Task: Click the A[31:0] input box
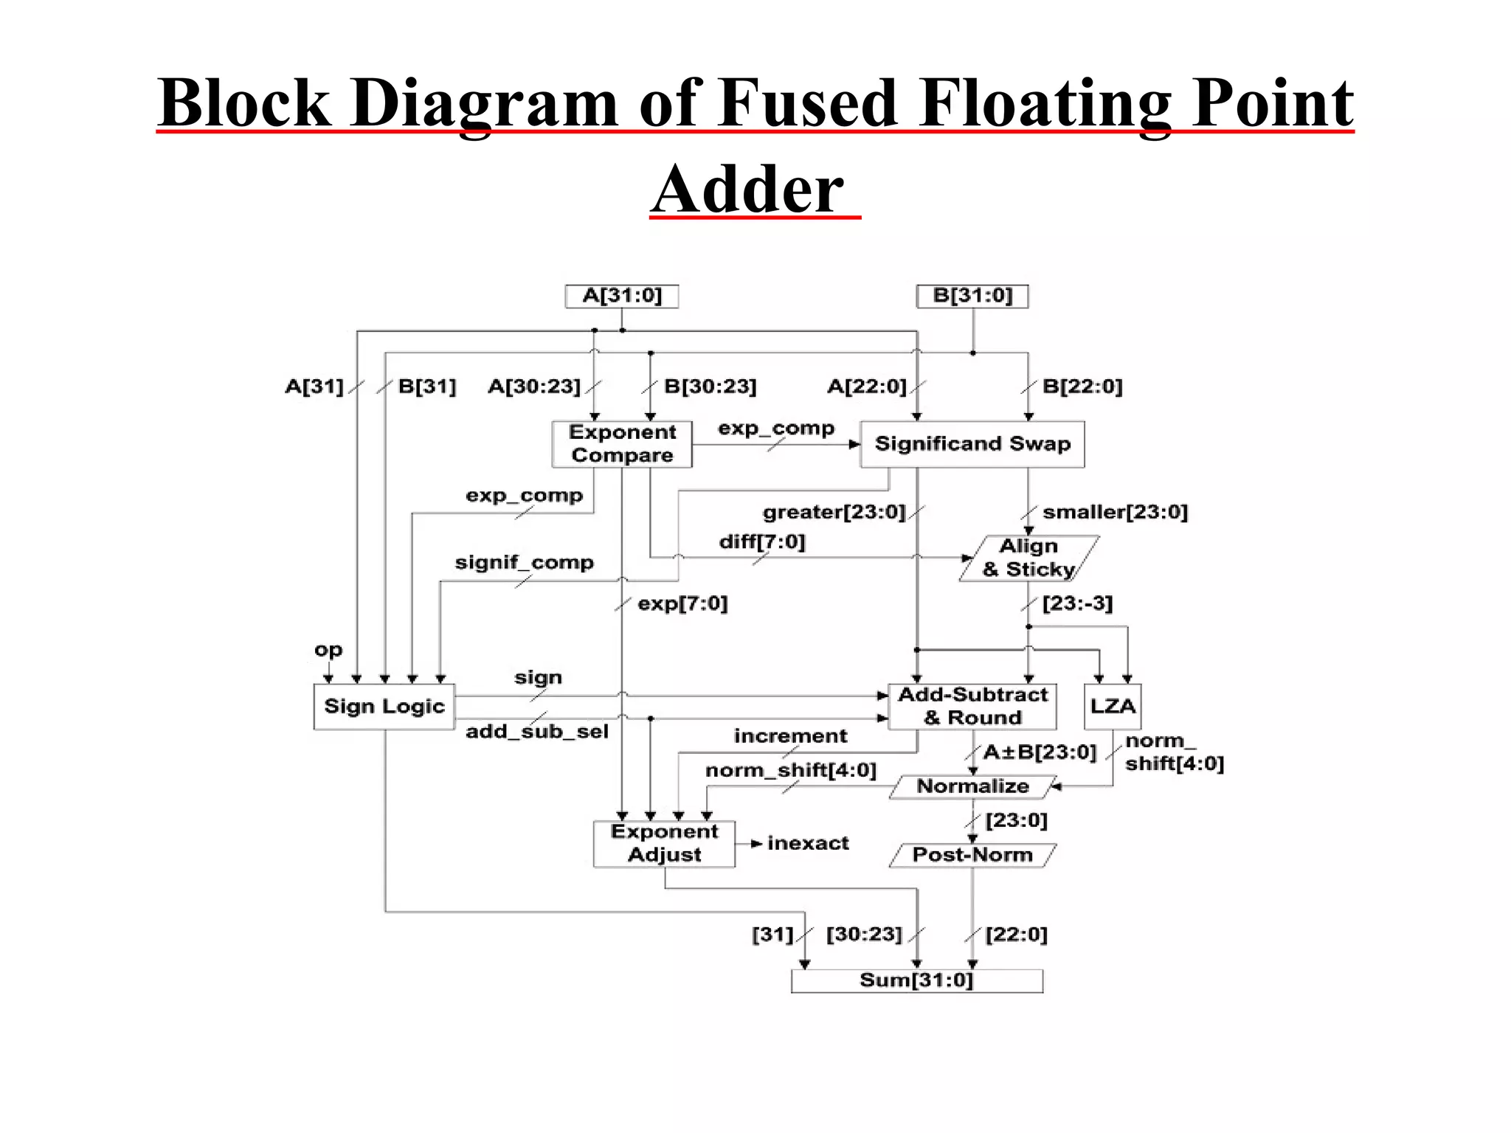(x=621, y=297)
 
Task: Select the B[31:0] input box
(x=972, y=297)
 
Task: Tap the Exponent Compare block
(x=622, y=444)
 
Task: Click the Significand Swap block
(x=972, y=444)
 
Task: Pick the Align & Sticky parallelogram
(x=1028, y=558)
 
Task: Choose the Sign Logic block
(x=384, y=707)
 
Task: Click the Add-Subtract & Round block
(x=972, y=707)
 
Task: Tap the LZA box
(x=1112, y=707)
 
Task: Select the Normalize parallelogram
(x=972, y=787)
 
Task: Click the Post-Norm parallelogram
(x=972, y=855)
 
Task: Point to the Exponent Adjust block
(x=664, y=844)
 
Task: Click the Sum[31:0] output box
(x=916, y=981)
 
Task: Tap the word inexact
(x=808, y=843)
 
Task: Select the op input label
(x=328, y=651)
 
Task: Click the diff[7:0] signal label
(x=762, y=542)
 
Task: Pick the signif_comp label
(x=524, y=563)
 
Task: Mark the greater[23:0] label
(x=834, y=512)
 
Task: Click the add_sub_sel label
(x=537, y=732)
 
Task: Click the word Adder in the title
(x=747, y=189)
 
